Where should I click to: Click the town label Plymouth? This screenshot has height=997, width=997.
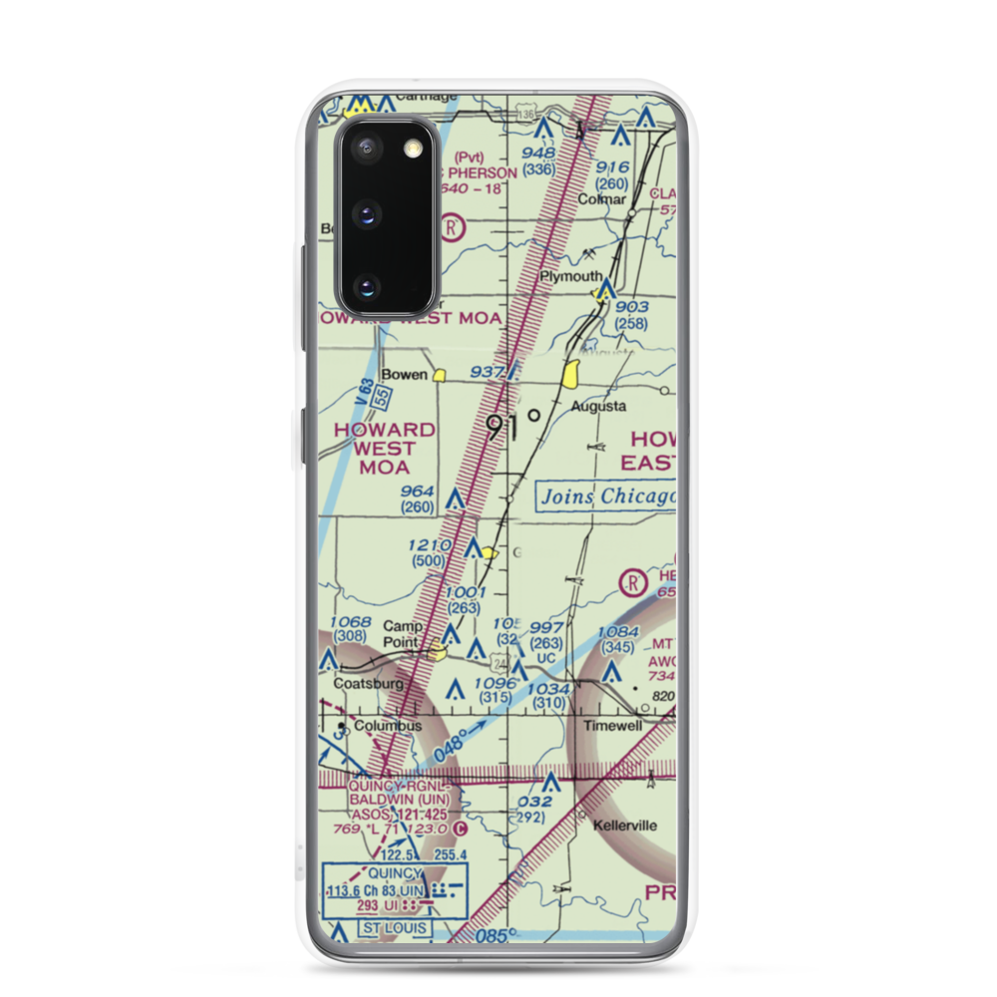(x=571, y=276)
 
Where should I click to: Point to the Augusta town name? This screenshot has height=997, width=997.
(x=598, y=406)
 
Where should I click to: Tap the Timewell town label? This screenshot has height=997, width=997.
(x=614, y=726)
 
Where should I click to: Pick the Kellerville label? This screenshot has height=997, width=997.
(x=623, y=827)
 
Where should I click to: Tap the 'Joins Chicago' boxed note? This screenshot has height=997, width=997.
(x=606, y=497)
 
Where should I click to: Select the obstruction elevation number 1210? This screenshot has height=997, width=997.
(x=430, y=546)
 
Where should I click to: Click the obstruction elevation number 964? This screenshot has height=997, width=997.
(x=416, y=492)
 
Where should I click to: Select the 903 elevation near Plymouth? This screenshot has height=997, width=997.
(x=631, y=307)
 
